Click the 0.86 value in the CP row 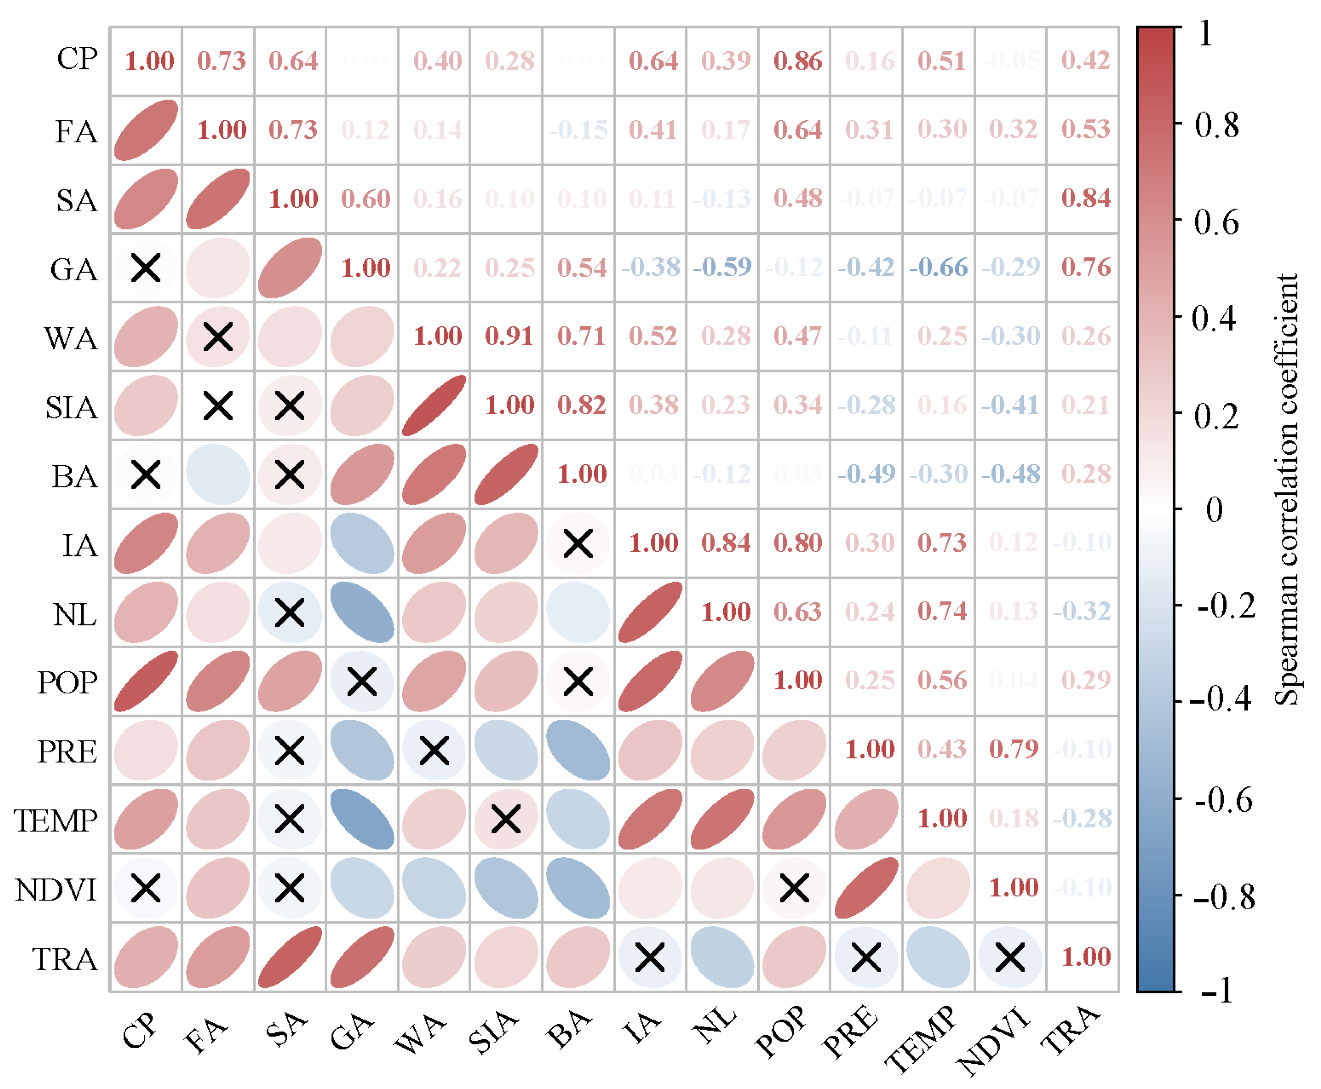coord(797,61)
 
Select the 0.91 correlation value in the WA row coord(509,336)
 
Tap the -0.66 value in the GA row coord(939,267)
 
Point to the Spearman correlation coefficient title coord(1286,489)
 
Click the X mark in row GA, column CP coord(145,268)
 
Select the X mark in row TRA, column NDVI coord(1010,957)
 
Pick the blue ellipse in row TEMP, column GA coord(362,819)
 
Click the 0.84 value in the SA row coord(1086,198)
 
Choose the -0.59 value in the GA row coord(722,267)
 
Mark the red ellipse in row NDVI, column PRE coord(866,888)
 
